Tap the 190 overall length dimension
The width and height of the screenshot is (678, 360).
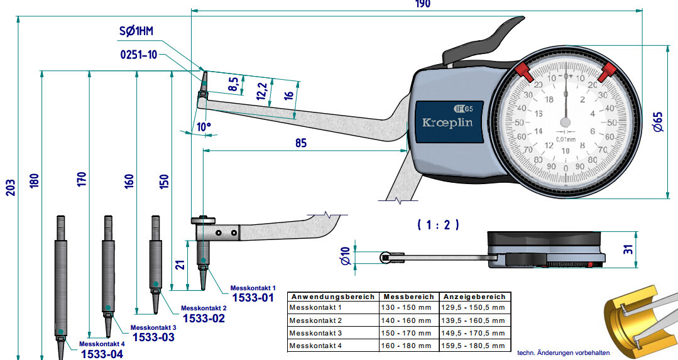click(x=422, y=4)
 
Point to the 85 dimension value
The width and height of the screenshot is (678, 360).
click(x=301, y=143)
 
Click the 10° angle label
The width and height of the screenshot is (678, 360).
click(x=204, y=126)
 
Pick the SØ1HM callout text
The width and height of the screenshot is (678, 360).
click(x=136, y=31)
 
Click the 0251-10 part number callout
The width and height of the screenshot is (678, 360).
click(x=139, y=55)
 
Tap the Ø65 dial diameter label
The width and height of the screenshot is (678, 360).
click(x=657, y=121)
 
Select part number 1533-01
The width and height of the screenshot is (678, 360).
click(x=253, y=297)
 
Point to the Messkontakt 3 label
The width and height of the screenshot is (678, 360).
click(x=153, y=328)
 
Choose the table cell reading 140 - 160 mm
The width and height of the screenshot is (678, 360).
click(x=406, y=320)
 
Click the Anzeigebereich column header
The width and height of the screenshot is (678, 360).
click(x=474, y=297)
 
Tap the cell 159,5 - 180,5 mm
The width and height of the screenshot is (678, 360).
click(x=474, y=345)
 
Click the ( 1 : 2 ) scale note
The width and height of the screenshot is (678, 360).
click(x=438, y=224)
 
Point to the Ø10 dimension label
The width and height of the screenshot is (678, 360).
click(x=344, y=257)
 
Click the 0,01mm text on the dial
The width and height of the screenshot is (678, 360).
click(x=566, y=138)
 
